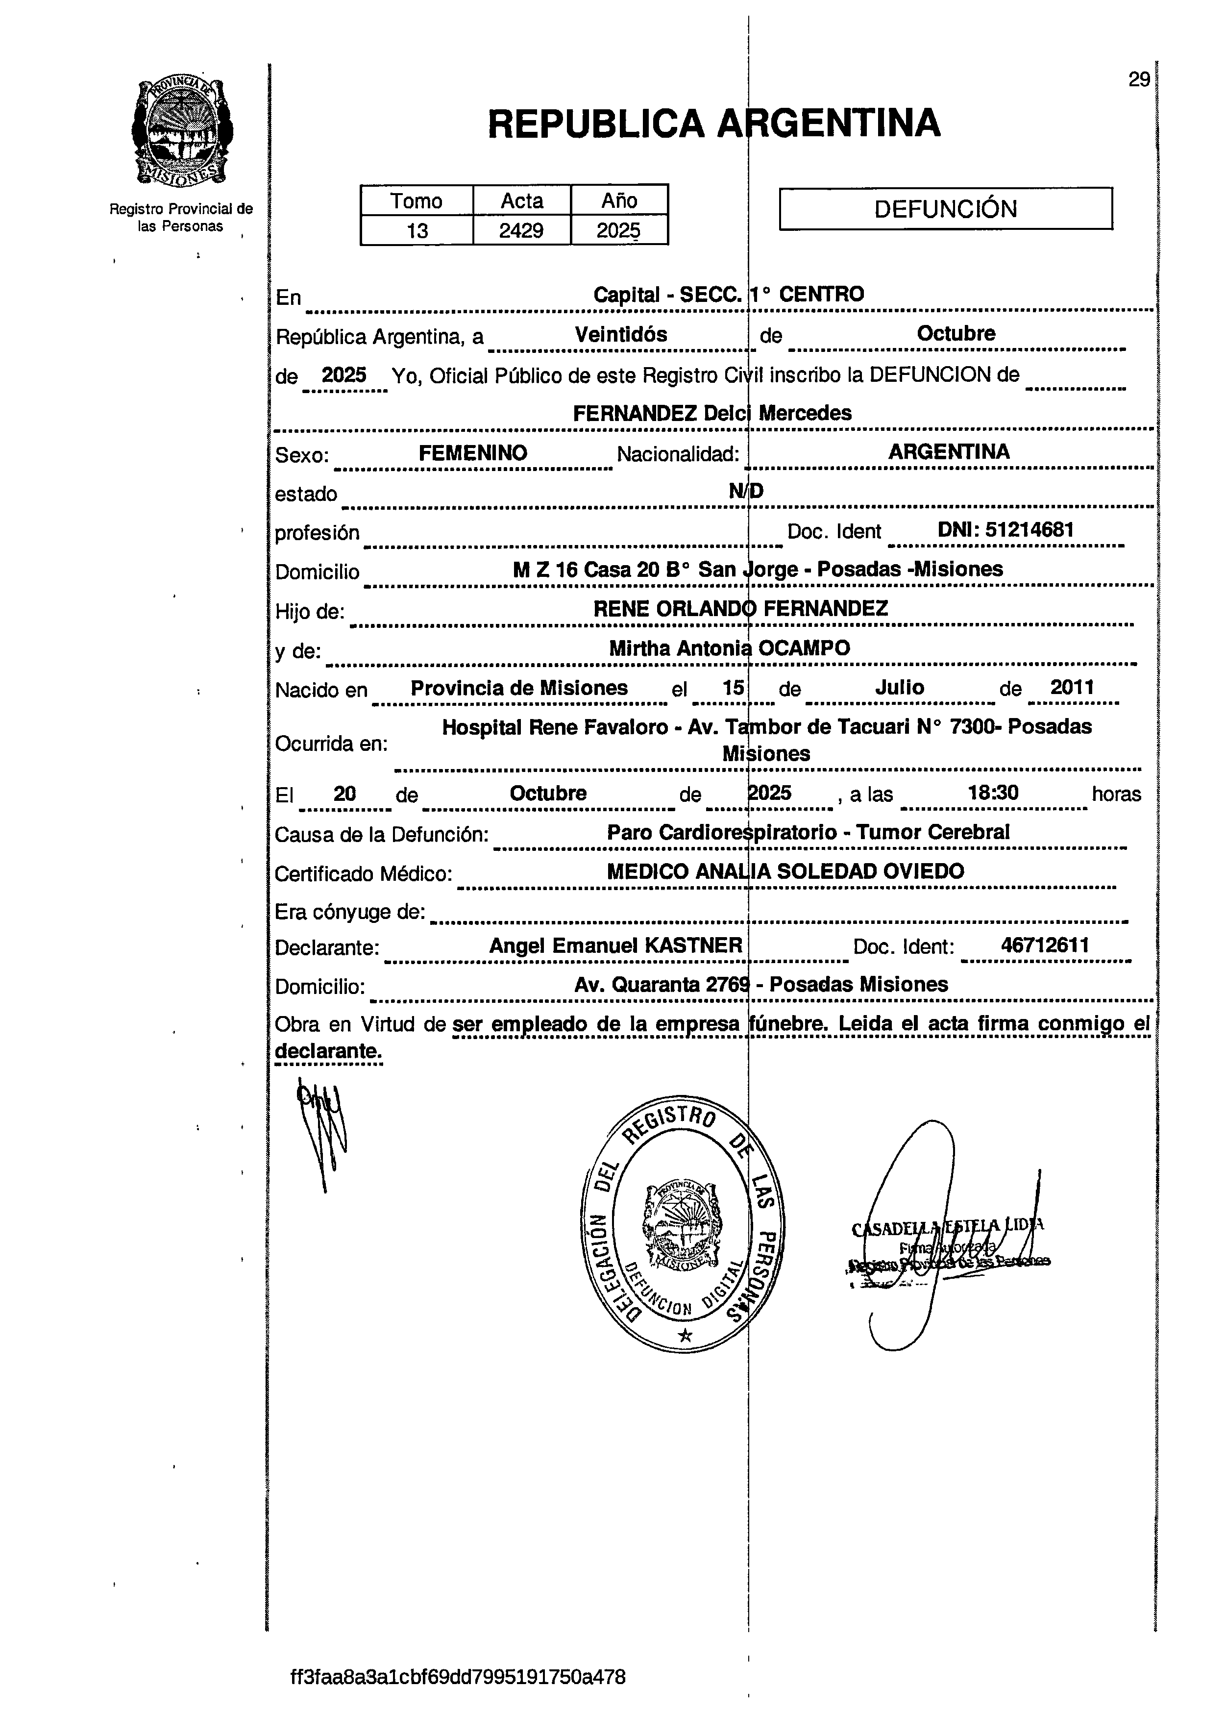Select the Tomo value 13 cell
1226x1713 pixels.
coord(417,230)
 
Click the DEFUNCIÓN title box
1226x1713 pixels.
coord(945,208)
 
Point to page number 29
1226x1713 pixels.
coord(1138,79)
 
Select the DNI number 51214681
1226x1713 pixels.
coord(1029,529)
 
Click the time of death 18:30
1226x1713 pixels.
coord(993,792)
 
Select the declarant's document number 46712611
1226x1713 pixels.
coord(1044,944)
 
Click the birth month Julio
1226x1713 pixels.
coord(900,687)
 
